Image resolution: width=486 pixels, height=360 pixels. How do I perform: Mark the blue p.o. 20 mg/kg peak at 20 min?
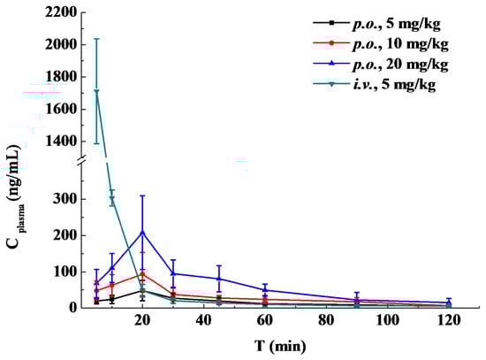143,232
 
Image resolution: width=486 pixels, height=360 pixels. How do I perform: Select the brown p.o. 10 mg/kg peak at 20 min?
143,274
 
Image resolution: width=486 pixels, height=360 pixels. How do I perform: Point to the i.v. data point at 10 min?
112,199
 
